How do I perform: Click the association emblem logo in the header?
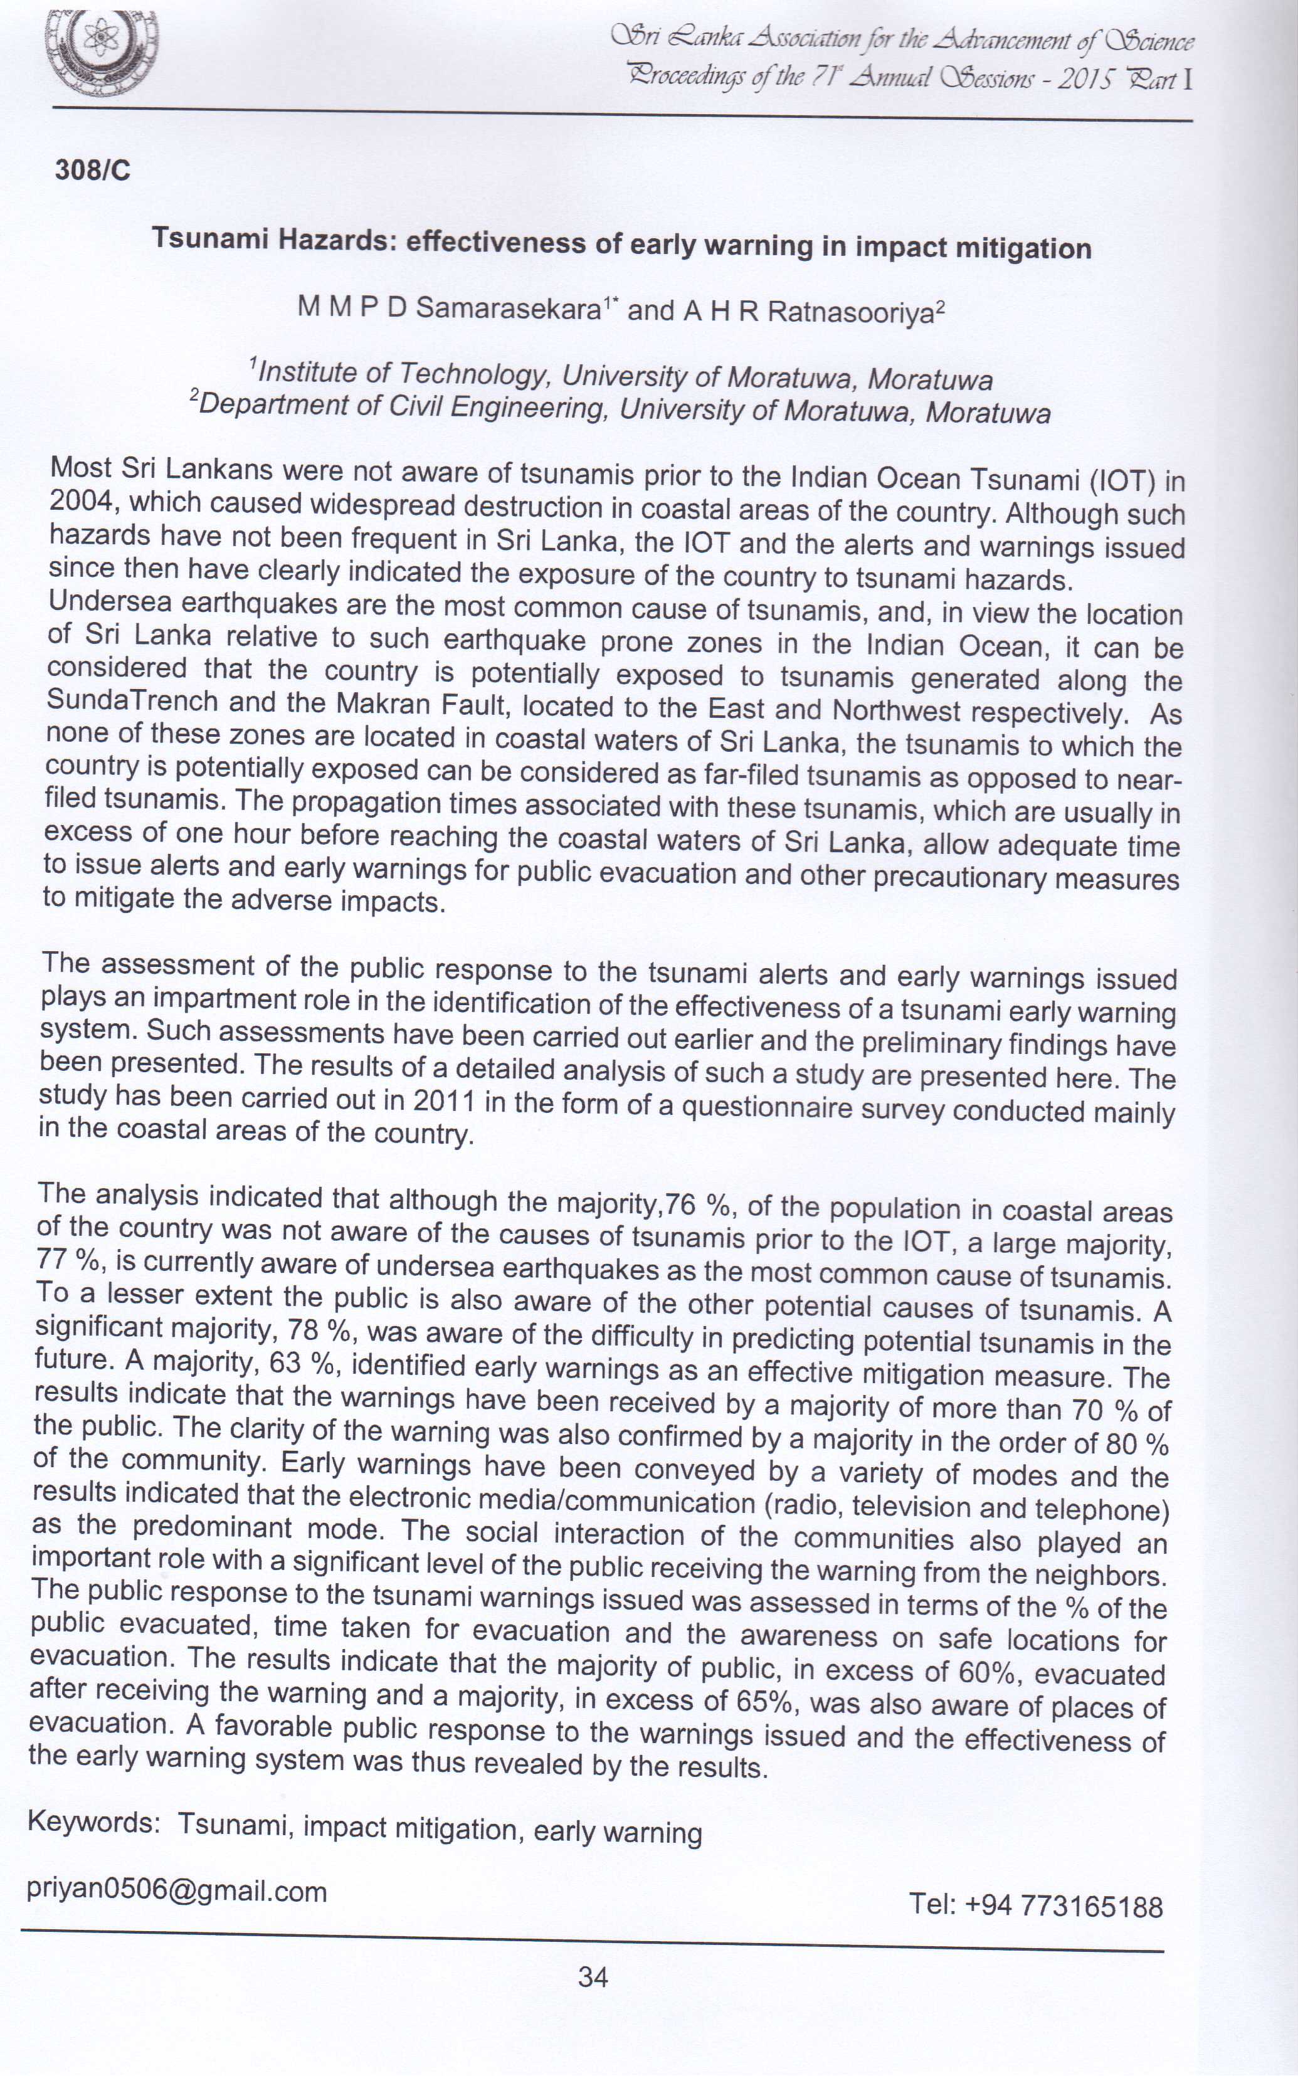point(102,53)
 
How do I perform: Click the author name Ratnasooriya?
point(850,312)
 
